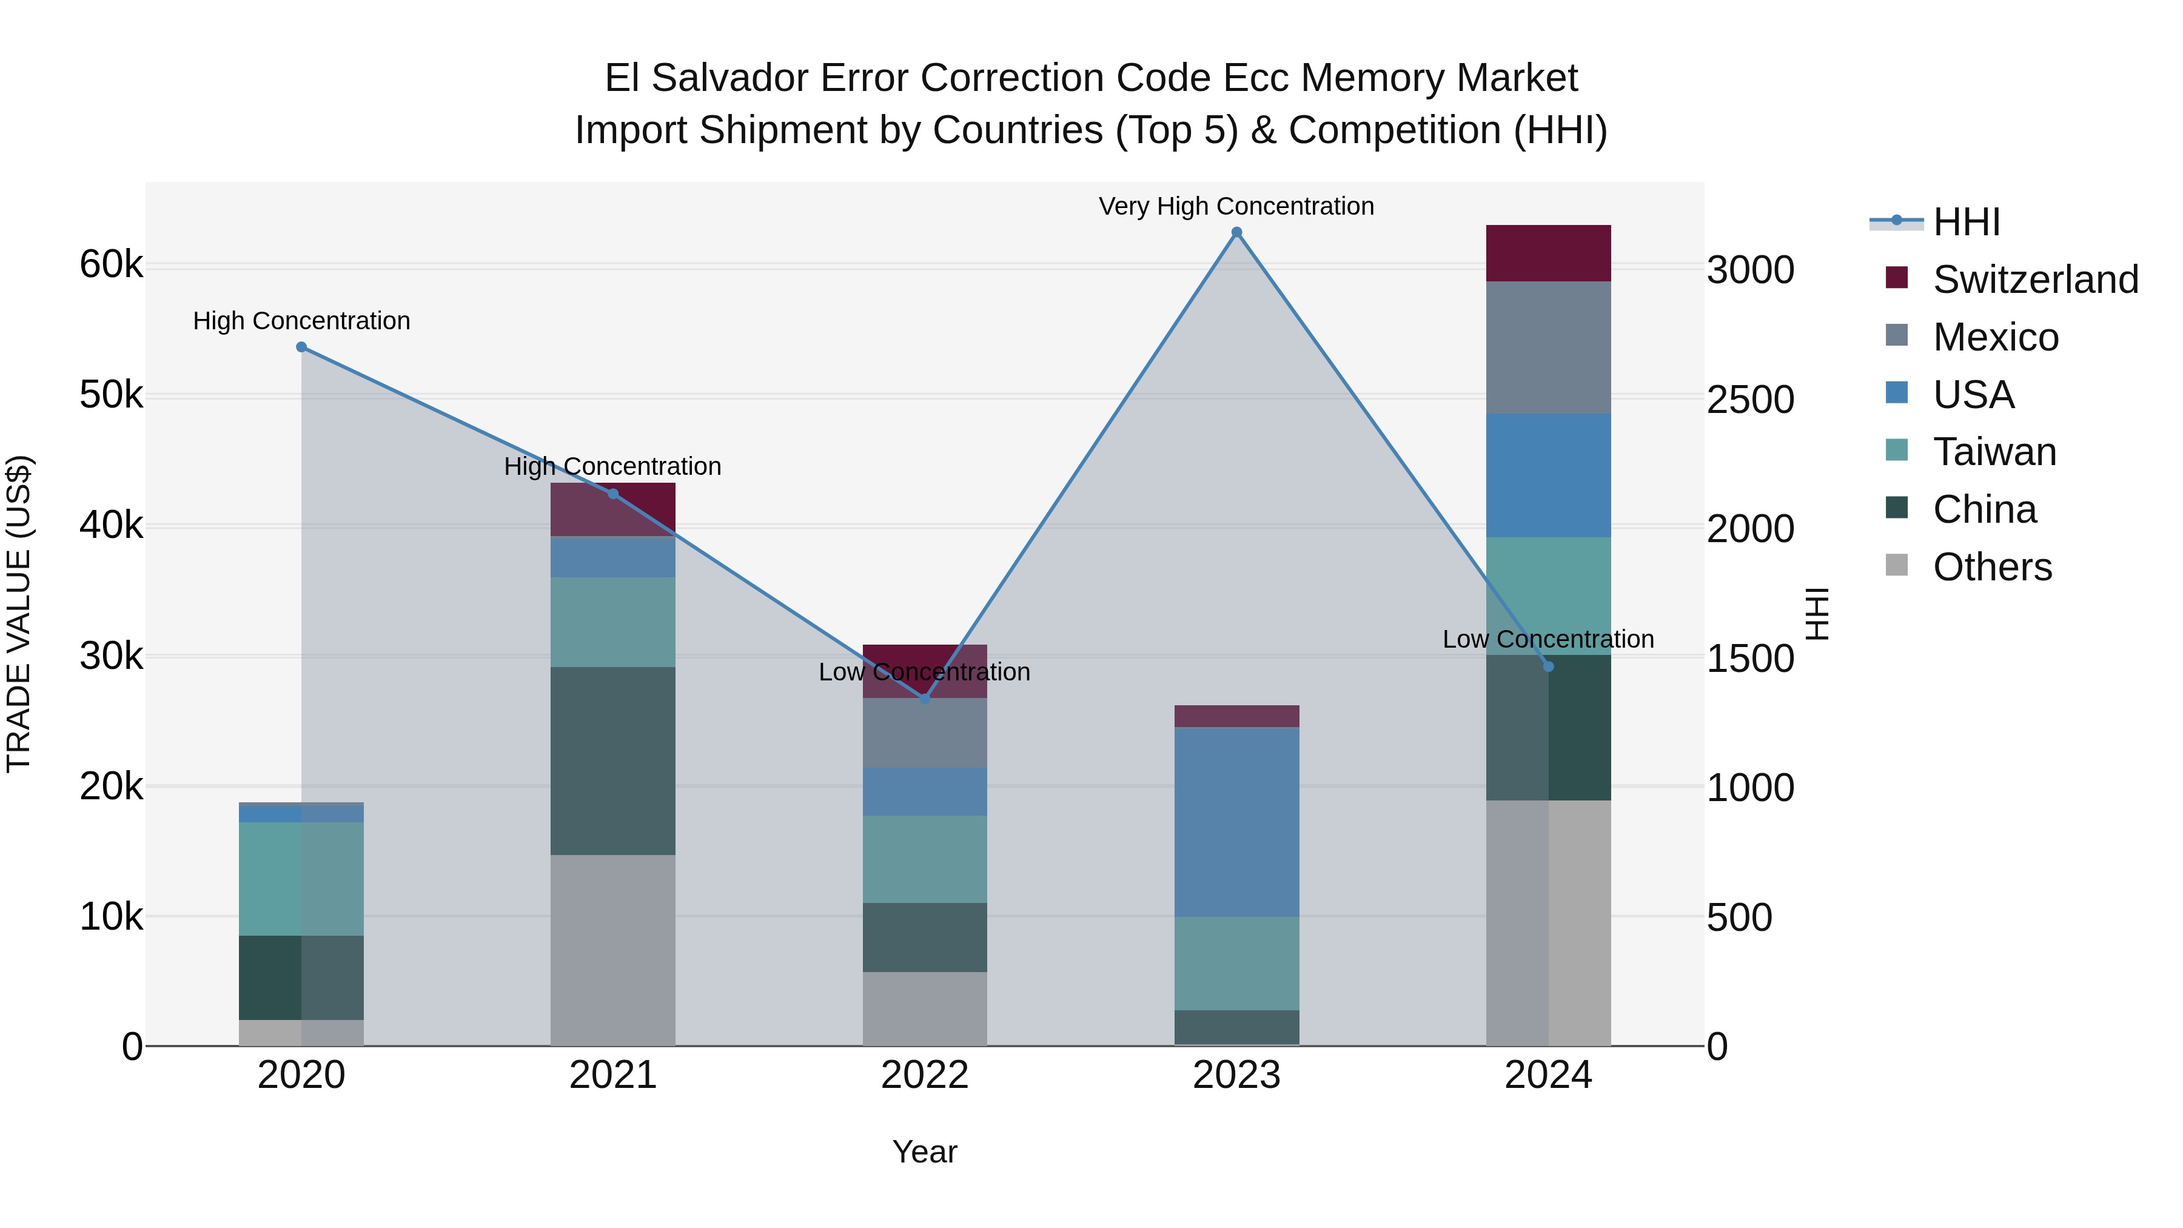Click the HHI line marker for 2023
[1236, 232]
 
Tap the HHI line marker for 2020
[302, 347]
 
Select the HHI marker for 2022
[925, 699]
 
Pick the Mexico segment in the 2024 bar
[1548, 347]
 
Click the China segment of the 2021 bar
[612, 760]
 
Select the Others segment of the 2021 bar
[612, 950]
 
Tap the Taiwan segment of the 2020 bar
[302, 879]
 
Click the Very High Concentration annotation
[1236, 207]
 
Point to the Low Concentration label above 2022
[925, 672]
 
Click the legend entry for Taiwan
[1994, 452]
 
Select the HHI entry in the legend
[1966, 222]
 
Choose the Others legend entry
[1991, 567]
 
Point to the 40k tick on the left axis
[111, 525]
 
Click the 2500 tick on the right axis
[1751, 400]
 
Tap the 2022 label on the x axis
[925, 1075]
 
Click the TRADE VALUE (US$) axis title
[19, 614]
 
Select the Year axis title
[925, 1152]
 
